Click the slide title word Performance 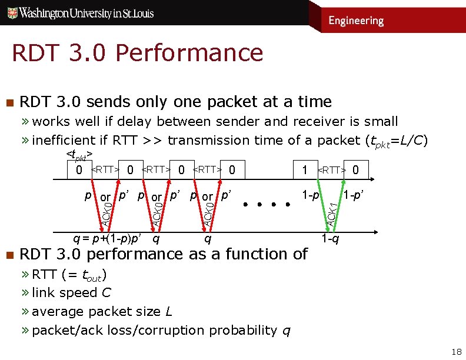189,53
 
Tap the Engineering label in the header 356,21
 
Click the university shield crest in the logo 9,12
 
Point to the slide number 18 456,352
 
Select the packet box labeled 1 304,171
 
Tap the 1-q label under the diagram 329,239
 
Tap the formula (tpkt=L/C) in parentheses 397,141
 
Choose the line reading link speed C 72,292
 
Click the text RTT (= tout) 69,274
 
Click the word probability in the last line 242,330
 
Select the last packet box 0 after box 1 355,171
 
